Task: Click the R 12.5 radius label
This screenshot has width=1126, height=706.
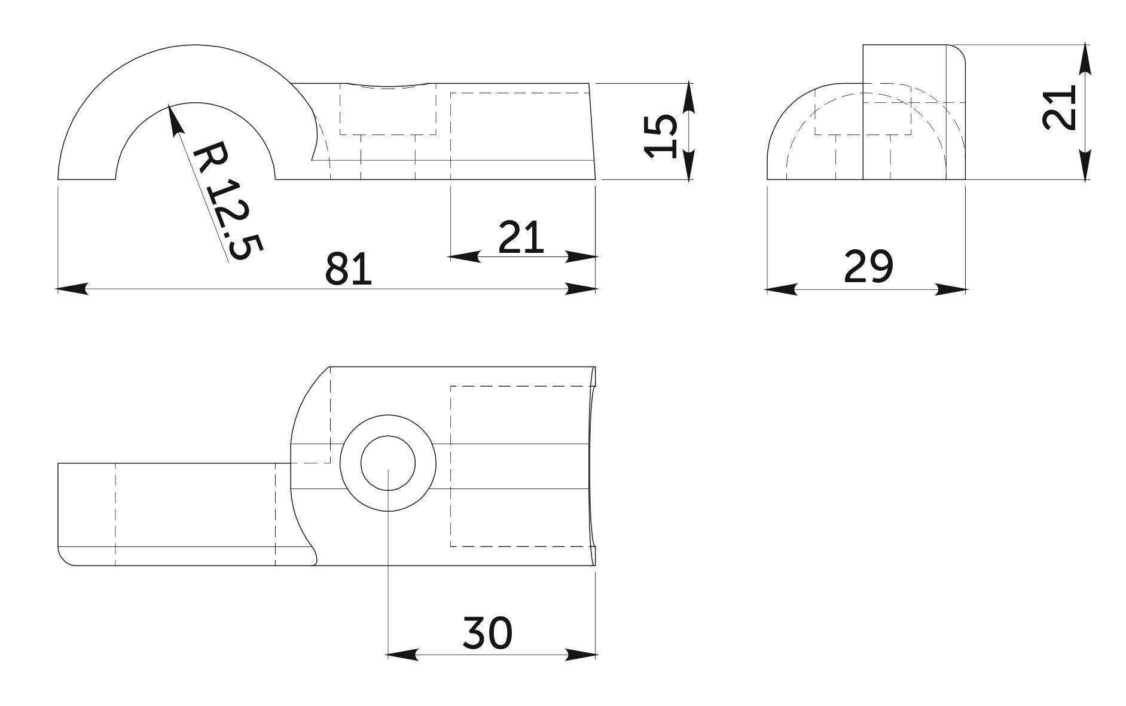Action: pyautogui.click(x=227, y=200)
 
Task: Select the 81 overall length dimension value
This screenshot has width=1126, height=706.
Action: pyautogui.click(x=349, y=269)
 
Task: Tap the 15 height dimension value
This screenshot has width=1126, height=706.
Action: pyautogui.click(x=661, y=136)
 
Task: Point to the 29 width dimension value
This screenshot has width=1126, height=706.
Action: pyautogui.click(x=868, y=267)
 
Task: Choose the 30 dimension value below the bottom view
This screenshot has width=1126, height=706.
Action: pyautogui.click(x=487, y=633)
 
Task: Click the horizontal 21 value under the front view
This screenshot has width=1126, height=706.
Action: pyautogui.click(x=521, y=237)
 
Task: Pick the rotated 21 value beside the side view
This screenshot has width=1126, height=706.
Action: pyautogui.click(x=1059, y=108)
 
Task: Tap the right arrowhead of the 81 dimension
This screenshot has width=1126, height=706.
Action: pyautogui.click(x=581, y=289)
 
